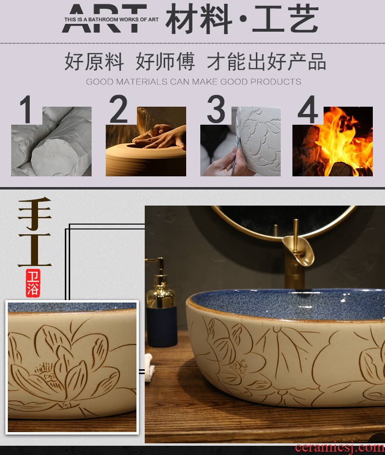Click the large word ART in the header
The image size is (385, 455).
point(104,19)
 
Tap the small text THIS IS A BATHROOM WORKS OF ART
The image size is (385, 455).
point(112,19)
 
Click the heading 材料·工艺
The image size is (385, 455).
point(242,19)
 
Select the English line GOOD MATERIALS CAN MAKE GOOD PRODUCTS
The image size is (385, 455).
point(193,82)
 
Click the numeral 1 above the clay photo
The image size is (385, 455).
point(26,110)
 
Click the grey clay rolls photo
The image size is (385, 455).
point(51,141)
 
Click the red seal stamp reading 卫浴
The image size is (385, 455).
point(33,283)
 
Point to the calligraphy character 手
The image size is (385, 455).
point(35,214)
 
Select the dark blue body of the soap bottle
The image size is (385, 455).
point(161,326)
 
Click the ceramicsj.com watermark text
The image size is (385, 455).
point(340,448)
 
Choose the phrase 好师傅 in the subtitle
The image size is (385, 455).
point(165,61)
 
